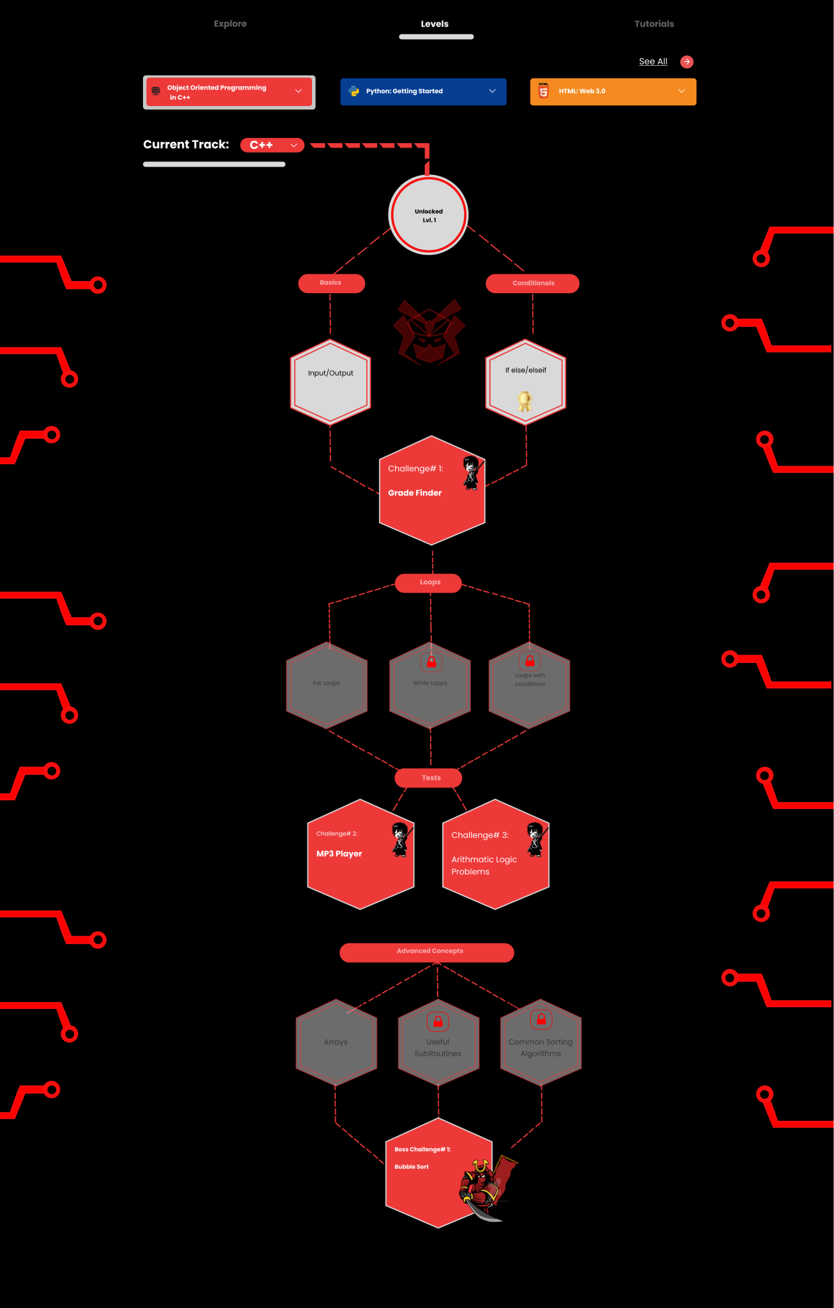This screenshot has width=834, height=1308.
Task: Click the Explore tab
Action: pos(230,24)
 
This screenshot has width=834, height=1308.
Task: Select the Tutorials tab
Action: pos(654,24)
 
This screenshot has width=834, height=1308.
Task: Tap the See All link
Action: pos(653,61)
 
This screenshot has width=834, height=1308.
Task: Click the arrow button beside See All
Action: pos(687,61)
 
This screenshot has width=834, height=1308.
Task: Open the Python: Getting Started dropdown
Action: pos(423,91)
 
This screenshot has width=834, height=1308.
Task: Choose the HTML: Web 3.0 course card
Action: pos(613,91)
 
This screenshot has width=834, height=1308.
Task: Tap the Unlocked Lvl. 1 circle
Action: pos(428,215)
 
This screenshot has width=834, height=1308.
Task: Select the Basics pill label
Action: pos(331,283)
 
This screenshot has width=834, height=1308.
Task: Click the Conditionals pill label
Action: pos(532,283)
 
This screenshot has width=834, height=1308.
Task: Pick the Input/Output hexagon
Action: pos(331,382)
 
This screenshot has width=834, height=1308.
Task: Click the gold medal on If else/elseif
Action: pos(525,402)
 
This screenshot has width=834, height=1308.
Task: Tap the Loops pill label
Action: pos(429,582)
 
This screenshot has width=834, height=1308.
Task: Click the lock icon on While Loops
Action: pos(431,662)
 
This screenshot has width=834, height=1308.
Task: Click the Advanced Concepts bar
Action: pos(426,952)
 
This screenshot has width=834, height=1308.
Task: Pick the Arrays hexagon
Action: pos(336,1042)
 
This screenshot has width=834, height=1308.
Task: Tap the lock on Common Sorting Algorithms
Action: pos(541,1019)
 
